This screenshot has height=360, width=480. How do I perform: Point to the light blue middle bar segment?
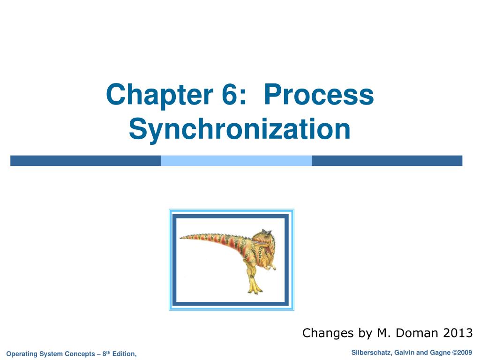pos(236,161)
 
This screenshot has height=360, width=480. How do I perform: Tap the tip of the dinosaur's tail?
pos(181,237)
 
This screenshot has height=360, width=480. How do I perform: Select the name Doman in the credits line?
pos(416,333)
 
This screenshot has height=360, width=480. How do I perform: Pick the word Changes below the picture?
pos(329,333)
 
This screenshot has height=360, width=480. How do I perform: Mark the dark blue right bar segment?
pos(387,161)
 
